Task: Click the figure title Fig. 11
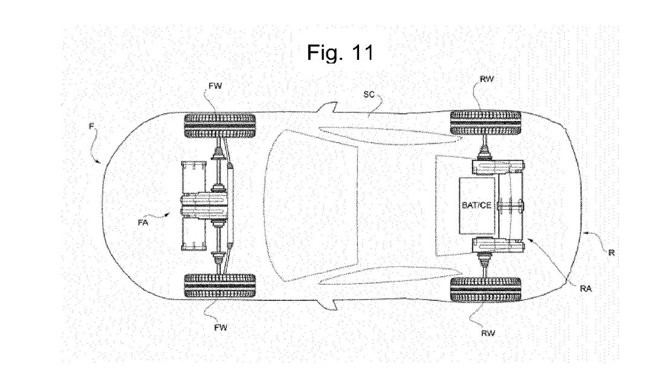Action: (340, 52)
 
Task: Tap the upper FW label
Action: (215, 86)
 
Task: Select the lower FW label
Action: (221, 327)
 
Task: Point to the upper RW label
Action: (487, 79)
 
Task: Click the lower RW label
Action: (488, 333)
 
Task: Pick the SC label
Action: (369, 95)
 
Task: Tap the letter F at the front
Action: (91, 126)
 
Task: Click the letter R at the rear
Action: (611, 253)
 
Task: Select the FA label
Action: (143, 222)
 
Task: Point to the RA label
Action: (586, 289)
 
